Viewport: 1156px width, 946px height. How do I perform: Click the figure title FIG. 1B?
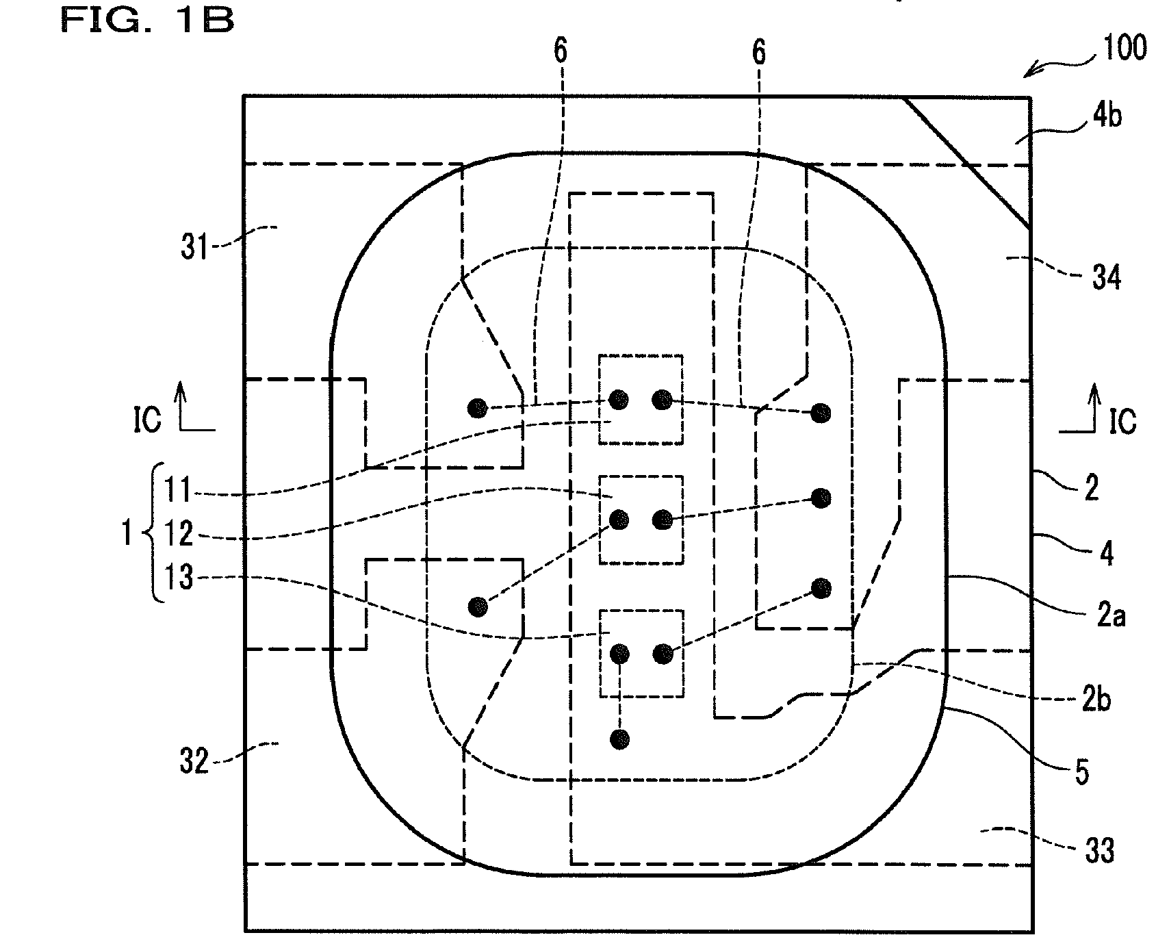point(147,21)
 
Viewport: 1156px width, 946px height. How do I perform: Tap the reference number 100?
point(1123,48)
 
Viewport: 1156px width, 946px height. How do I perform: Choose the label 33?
point(1099,850)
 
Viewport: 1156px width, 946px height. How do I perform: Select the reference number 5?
point(1081,771)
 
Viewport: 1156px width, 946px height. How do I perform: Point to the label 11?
point(179,490)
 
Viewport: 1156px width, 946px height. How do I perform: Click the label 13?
point(179,578)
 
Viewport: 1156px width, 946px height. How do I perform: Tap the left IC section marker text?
point(147,419)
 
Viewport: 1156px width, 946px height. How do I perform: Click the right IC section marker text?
point(1122,421)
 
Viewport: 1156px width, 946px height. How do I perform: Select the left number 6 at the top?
point(561,52)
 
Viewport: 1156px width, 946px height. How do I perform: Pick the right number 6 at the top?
point(758,52)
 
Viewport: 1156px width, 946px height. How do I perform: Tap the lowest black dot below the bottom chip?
point(620,739)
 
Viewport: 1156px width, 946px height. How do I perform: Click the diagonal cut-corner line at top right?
point(967,162)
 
